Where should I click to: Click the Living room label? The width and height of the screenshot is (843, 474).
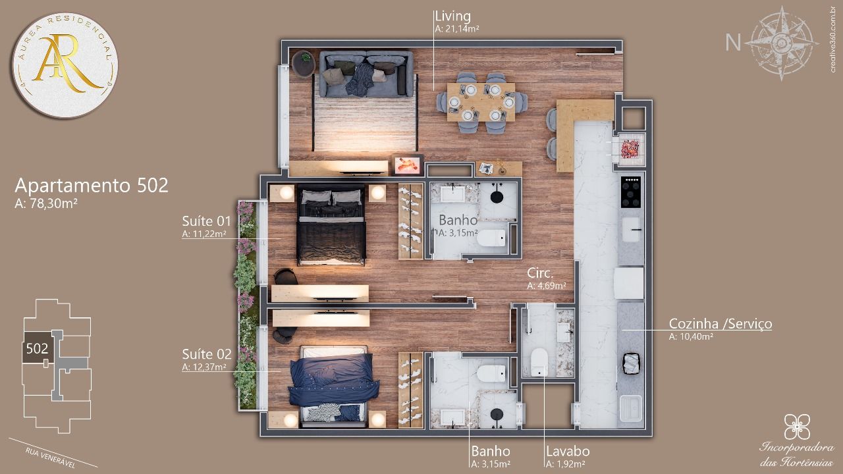[x=452, y=16]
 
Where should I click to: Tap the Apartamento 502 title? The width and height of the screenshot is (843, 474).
[x=92, y=186]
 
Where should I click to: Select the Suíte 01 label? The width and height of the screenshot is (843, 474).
[x=206, y=221]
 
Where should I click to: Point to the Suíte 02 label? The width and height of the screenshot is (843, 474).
[x=207, y=354]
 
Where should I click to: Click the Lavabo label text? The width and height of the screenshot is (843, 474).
[x=568, y=451]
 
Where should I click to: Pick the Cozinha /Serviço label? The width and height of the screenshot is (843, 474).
[x=721, y=323]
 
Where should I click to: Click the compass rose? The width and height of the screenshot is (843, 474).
[x=782, y=43]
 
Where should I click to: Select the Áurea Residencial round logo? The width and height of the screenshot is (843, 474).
[x=65, y=65]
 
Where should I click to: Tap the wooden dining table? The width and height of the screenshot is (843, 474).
[x=481, y=102]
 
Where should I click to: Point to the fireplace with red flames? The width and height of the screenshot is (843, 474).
[x=407, y=165]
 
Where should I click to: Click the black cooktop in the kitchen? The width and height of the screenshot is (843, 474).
[x=631, y=192]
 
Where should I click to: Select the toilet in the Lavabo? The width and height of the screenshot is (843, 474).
[x=539, y=362]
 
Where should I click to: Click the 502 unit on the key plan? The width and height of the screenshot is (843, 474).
[x=37, y=348]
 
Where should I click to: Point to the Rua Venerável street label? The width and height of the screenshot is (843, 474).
[x=51, y=458]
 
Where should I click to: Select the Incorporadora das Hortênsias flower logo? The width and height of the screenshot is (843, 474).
[x=797, y=427]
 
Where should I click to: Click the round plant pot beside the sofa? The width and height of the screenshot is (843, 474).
[x=304, y=64]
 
